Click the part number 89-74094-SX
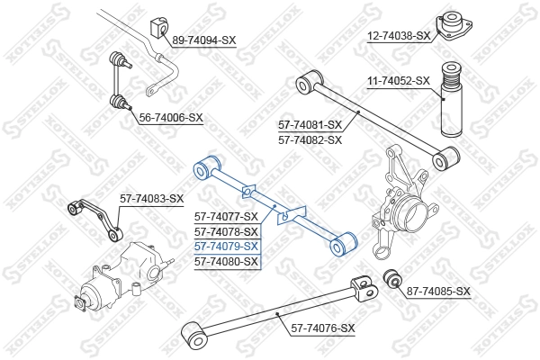tap(203, 40)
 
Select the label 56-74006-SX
tap(171, 118)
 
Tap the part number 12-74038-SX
tap(399, 36)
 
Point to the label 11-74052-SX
tap(399, 80)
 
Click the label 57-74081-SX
tap(310, 125)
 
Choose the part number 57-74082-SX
tap(310, 140)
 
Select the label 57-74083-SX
tap(152, 198)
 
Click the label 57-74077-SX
tap(227, 216)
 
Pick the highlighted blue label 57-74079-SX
tap(227, 246)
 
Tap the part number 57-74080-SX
tap(227, 261)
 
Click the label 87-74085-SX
tap(438, 291)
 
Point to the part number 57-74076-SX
tap(322, 328)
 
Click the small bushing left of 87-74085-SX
tap(392, 278)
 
